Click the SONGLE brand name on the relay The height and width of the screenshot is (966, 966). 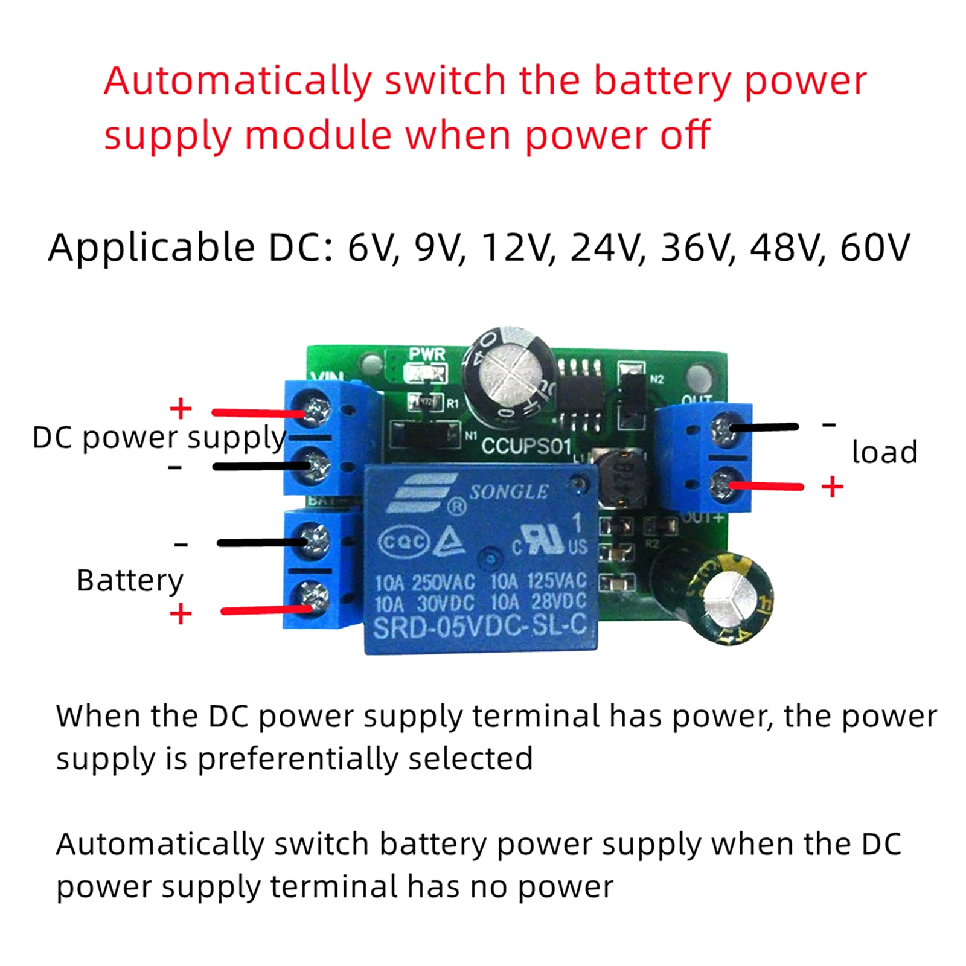click(508, 492)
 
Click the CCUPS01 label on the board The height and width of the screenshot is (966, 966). click(526, 446)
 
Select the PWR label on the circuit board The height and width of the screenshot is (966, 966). click(427, 354)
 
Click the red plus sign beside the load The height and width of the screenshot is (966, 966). click(832, 487)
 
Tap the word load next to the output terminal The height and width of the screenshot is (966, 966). click(884, 452)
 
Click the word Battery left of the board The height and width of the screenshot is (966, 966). click(130, 581)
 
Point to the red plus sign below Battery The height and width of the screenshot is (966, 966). click(181, 615)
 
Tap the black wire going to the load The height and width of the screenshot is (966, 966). click(764, 427)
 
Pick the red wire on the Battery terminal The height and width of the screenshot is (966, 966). click(266, 611)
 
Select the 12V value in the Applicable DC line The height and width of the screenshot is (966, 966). click(517, 248)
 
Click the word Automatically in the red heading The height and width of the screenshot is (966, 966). click(238, 82)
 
